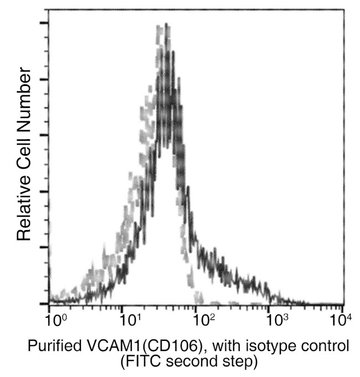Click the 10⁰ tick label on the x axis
click(x=53, y=320)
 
